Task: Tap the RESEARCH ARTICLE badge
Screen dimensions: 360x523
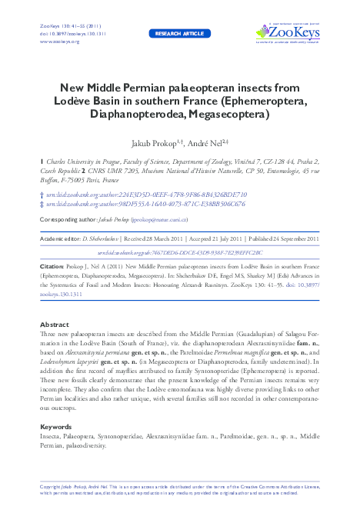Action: click(x=178, y=35)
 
